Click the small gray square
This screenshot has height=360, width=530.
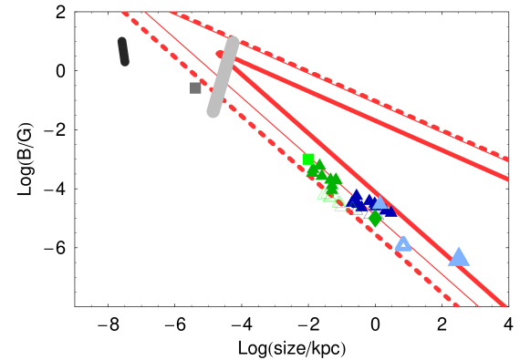pos(195,87)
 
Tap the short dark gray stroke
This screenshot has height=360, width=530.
pos(123,51)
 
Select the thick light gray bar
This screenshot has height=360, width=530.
pos(223,77)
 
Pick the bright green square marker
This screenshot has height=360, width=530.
pos(308,159)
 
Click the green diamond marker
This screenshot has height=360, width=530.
pos(375,219)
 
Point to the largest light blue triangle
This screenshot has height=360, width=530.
pos(459,257)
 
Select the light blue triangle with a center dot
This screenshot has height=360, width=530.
pos(403,243)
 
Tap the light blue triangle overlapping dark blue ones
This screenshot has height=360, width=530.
pos(379,202)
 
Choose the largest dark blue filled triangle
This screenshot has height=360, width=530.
pos(356,201)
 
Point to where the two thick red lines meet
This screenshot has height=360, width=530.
pos(221,55)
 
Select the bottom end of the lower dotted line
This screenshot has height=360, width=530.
pos(455,304)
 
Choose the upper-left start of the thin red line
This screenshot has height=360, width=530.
pos(145,12)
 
